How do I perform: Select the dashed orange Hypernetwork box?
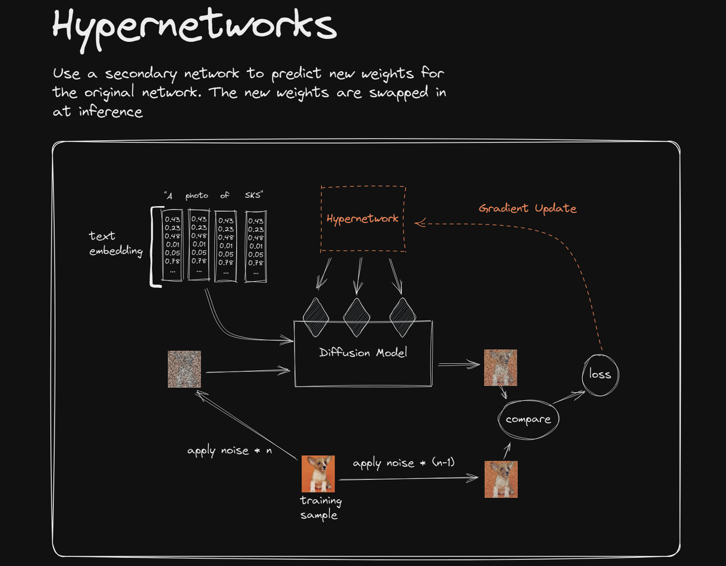[362, 219]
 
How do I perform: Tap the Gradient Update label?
[527, 208]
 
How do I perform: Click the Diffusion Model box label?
[363, 353]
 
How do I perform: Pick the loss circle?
[600, 374]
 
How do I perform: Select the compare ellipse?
[528, 419]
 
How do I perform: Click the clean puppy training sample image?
[318, 474]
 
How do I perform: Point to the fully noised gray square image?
[184, 369]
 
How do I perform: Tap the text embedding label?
[115, 243]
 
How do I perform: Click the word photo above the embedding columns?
[197, 196]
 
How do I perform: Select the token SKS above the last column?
[253, 195]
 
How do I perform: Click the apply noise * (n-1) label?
[403, 463]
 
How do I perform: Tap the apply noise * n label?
[229, 451]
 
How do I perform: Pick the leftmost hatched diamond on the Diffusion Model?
[316, 318]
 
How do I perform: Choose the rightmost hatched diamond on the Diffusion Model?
[402, 318]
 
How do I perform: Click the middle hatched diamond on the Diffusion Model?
[357, 318]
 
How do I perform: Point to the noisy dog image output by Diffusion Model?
[500, 368]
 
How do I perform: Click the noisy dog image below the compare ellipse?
[501, 479]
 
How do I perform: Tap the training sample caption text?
[321, 508]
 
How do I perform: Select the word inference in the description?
[110, 111]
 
